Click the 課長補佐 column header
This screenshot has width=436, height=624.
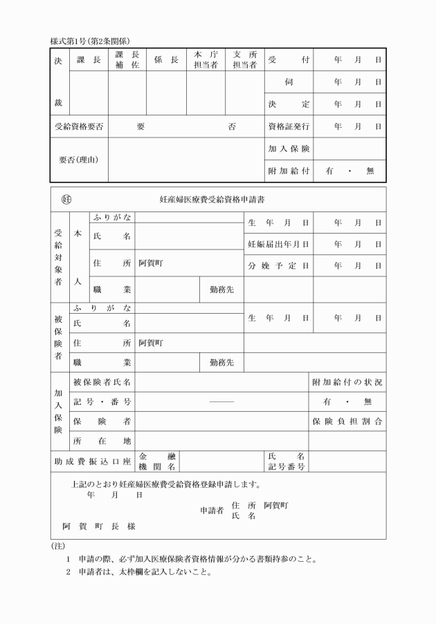click(x=127, y=60)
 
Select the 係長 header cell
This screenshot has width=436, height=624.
click(x=166, y=60)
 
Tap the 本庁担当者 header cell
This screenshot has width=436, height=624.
click(x=206, y=60)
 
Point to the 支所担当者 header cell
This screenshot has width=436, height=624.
click(x=245, y=60)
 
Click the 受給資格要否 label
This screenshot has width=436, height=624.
click(x=79, y=126)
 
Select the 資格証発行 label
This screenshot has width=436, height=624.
click(x=289, y=126)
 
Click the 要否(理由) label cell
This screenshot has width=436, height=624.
click(x=79, y=160)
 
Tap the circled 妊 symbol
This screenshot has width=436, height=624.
click(x=67, y=200)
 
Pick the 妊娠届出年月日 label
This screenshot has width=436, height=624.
click(x=278, y=244)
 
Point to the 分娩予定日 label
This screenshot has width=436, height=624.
click(x=278, y=265)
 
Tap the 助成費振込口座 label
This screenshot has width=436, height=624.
click(x=93, y=460)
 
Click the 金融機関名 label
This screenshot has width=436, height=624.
click(x=157, y=461)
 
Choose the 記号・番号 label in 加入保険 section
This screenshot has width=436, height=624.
click(x=102, y=401)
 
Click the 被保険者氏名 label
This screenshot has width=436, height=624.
click(x=102, y=382)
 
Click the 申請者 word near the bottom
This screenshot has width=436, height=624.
click(x=212, y=510)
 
